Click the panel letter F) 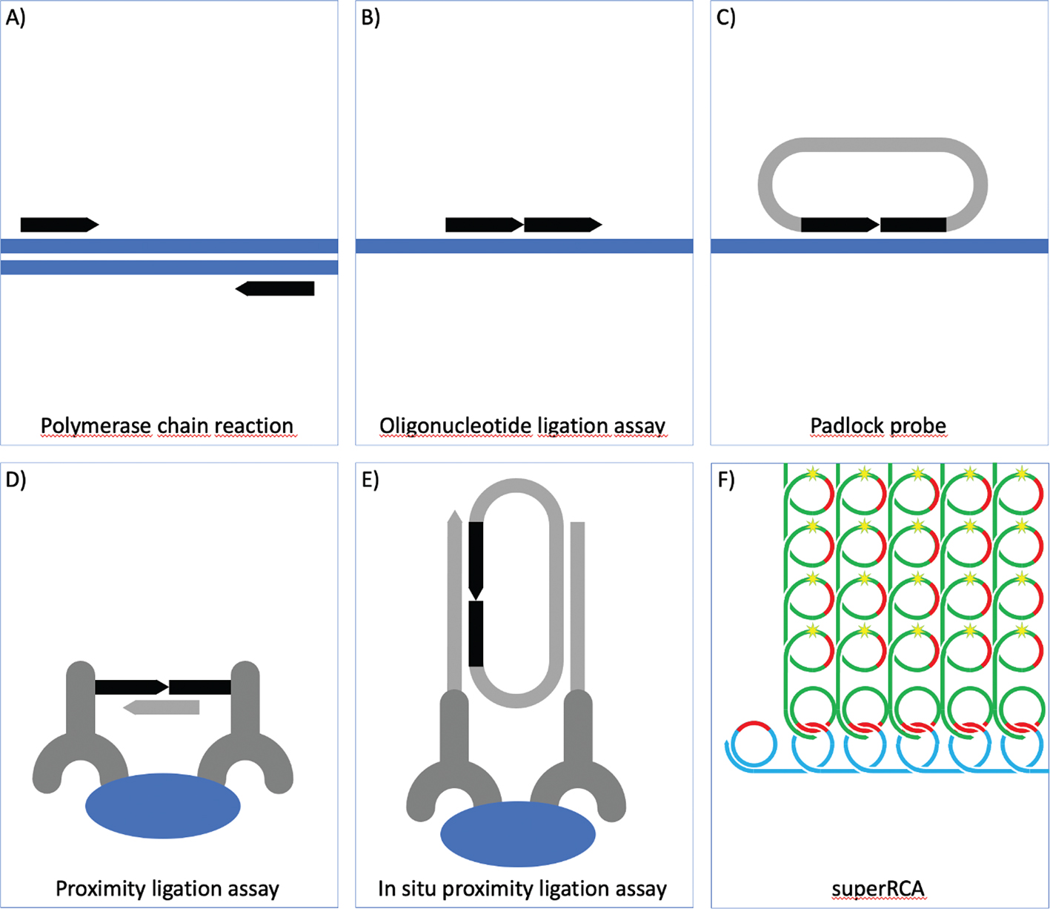727,480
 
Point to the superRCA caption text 878,888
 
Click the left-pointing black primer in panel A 276,288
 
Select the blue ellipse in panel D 163,806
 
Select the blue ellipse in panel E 518,834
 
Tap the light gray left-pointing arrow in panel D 162,707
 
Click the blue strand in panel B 525,246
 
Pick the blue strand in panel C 880,246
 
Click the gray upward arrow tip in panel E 455,517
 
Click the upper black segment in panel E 476,556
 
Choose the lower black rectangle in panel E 476,634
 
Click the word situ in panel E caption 422,888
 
